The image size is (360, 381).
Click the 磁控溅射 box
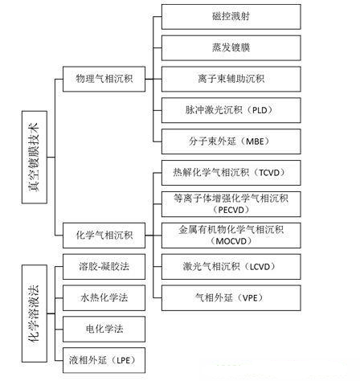point(231,17)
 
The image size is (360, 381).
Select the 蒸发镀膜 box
point(231,48)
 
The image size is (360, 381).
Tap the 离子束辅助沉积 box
point(231,79)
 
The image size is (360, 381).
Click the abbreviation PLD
point(260,110)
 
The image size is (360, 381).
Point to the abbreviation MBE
point(255,141)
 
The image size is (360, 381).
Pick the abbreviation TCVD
point(269,173)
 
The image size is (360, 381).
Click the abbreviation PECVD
point(231,210)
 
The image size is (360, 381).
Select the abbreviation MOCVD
point(231,241)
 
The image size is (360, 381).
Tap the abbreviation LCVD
point(260,267)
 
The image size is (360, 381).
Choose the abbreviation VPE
point(250,298)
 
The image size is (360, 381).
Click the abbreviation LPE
point(124,360)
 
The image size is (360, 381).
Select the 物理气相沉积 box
point(104,79)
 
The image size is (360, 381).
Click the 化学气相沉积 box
point(104,236)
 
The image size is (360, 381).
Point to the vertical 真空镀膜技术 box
point(35,158)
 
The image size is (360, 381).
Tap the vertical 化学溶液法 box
point(35,313)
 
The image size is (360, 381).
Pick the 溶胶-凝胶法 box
point(104,267)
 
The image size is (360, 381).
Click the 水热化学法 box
point(104,298)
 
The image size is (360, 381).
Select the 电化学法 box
point(104,330)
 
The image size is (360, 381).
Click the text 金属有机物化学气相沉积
point(231,230)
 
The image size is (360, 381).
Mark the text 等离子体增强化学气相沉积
point(231,199)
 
